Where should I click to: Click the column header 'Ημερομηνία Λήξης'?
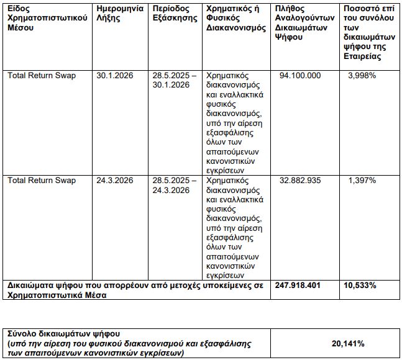point(121,14)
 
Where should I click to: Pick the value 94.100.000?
point(300,75)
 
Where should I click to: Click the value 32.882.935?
point(300,181)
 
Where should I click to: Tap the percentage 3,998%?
point(362,75)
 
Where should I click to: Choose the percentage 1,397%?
point(362,181)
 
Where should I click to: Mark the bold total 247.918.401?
point(300,286)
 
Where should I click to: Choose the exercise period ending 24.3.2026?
point(175,186)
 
